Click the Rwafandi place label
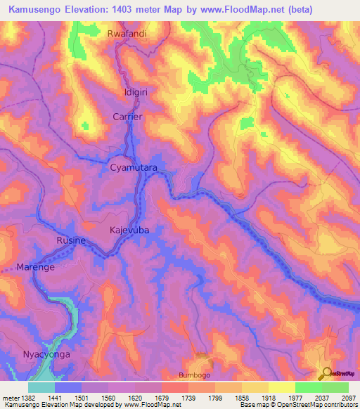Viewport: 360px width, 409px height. point(128,34)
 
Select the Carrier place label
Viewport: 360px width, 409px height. point(128,117)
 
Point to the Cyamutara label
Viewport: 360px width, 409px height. point(134,169)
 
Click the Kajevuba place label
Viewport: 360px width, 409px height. point(129,230)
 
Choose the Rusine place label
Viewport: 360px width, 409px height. point(71,241)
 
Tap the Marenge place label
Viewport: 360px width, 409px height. point(36,267)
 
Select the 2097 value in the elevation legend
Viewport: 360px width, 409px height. point(347,397)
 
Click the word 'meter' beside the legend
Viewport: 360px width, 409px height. point(10,397)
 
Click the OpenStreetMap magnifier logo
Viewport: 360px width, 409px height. point(326,372)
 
